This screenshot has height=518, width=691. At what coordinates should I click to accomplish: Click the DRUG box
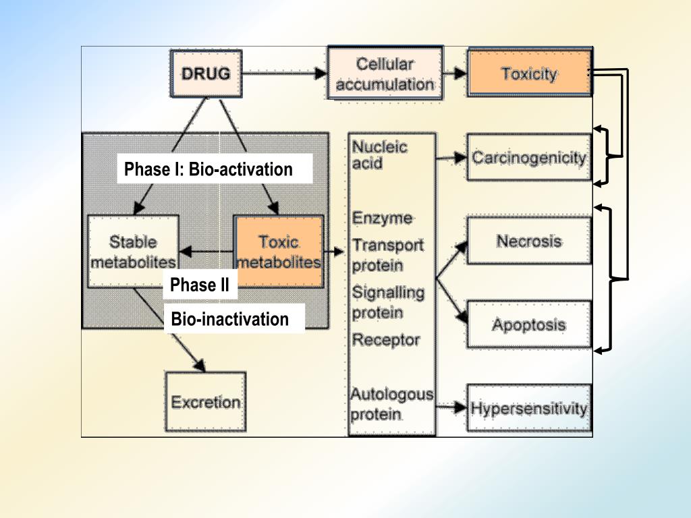coord(206,74)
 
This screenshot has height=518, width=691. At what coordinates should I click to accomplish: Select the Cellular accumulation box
coord(385,74)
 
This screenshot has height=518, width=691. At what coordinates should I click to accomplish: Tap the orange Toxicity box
coord(529,73)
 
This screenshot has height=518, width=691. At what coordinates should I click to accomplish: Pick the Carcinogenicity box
coord(529,157)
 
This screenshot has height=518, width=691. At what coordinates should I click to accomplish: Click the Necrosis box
coord(529,241)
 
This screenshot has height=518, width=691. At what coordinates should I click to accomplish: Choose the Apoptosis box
coord(529,324)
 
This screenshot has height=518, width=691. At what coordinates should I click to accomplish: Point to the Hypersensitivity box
coord(529,408)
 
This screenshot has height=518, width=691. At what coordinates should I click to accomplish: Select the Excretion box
coord(205,402)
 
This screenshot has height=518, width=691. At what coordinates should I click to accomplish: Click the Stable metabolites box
coord(133,252)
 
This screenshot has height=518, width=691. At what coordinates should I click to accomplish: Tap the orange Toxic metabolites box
coord(279,252)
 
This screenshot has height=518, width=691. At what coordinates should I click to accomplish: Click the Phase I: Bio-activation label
coord(209,169)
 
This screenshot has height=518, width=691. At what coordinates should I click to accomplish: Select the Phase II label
coord(200,285)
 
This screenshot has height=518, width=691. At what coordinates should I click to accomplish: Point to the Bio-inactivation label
coord(229,319)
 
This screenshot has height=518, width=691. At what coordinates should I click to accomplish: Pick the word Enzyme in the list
coord(382,218)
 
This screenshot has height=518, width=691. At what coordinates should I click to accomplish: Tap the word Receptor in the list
coord(385,340)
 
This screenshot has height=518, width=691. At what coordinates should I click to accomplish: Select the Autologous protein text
coord(392,404)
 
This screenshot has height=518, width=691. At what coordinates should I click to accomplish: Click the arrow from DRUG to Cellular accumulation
coord(285,73)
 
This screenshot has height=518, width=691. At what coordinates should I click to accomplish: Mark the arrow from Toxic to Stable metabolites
coord(206,252)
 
